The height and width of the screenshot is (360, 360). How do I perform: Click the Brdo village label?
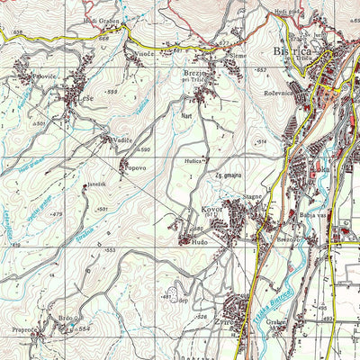pyautogui.click(x=66, y=318)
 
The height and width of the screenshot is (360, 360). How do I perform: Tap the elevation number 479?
pyautogui.click(x=57, y=214)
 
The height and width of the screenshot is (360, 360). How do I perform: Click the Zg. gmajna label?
pyautogui.click(x=229, y=175)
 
